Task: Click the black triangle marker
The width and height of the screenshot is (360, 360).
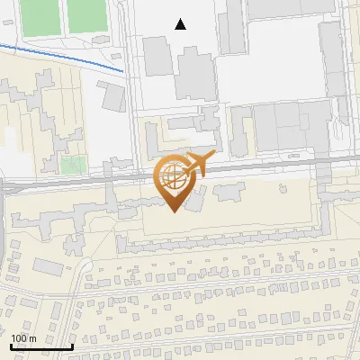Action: coord(181,24)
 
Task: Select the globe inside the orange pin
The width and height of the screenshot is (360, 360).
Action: coord(174,177)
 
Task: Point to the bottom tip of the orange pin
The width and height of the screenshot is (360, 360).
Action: coord(174,211)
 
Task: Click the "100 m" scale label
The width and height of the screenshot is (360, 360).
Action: coord(24,338)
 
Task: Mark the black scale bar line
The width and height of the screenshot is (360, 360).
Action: coord(41,346)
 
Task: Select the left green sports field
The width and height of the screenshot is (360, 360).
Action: coord(40,16)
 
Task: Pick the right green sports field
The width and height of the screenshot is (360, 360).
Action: coord(85,15)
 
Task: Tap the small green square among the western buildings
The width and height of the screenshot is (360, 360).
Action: coord(72,165)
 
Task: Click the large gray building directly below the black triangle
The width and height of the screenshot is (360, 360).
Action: coord(196,74)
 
